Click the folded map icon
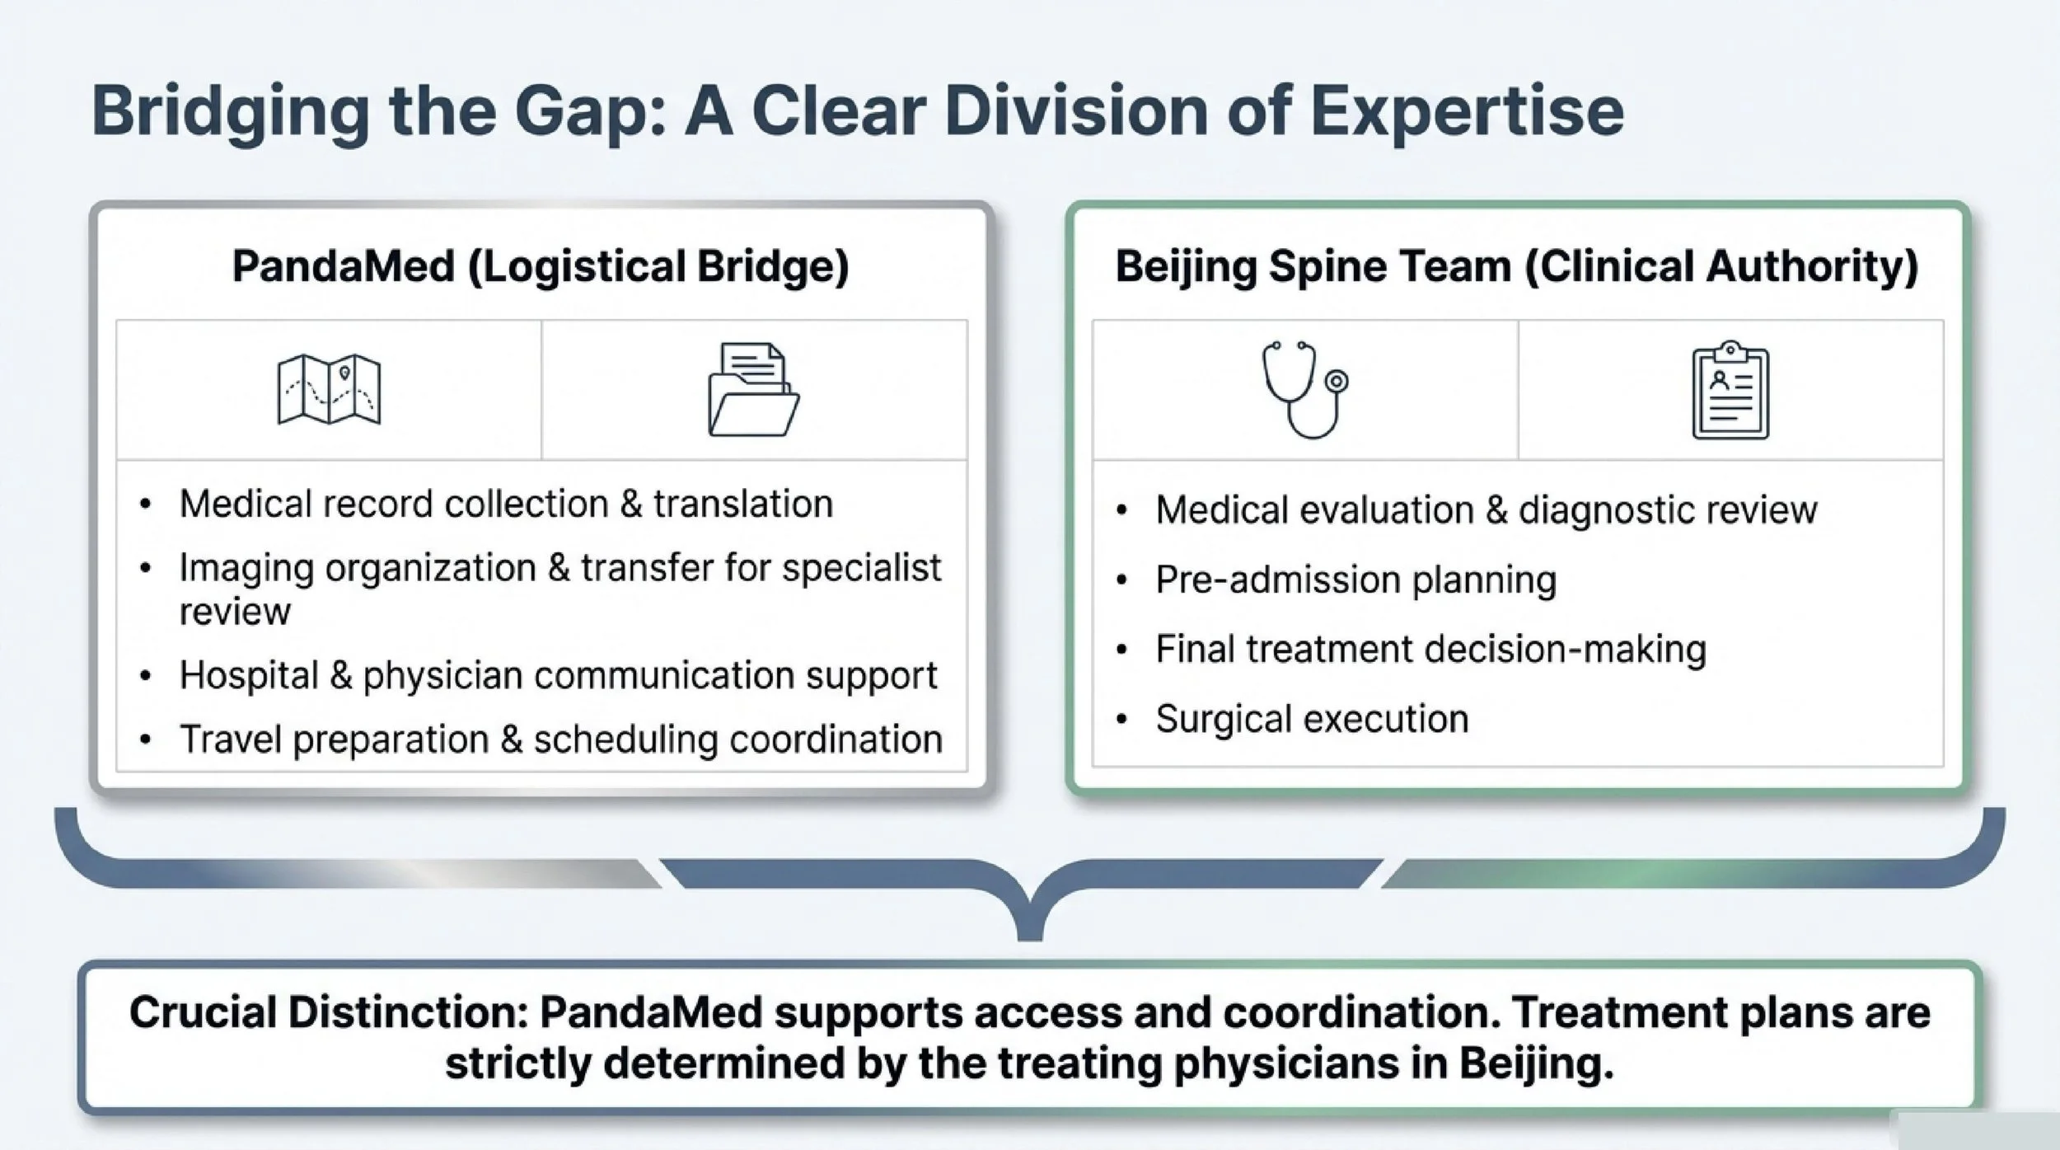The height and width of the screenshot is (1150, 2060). click(329, 389)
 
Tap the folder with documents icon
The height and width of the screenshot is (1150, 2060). click(753, 389)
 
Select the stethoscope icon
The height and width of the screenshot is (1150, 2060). click(1304, 389)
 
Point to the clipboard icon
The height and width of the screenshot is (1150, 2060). click(1730, 390)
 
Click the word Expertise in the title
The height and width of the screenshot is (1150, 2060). click(1467, 113)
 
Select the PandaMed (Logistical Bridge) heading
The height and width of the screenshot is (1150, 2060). click(541, 266)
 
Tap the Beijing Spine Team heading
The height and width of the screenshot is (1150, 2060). click(1516, 266)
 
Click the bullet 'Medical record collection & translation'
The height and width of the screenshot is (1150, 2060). click(506, 504)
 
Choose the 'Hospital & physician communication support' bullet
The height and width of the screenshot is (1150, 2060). click(558, 675)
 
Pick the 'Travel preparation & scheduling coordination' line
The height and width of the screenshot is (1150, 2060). click(560, 739)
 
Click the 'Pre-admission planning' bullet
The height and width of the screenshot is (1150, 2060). click(1355, 580)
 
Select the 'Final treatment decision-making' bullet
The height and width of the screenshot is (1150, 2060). click(1430, 650)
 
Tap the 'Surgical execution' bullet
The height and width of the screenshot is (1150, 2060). click(1312, 719)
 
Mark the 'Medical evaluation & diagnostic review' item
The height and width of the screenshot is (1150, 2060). click(1486, 510)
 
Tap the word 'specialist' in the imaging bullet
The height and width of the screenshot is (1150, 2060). click(861, 568)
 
